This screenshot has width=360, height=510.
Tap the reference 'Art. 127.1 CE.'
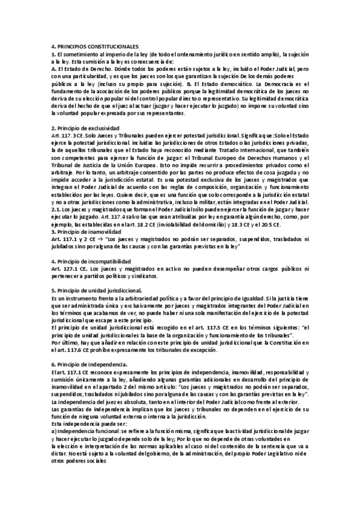69,269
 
